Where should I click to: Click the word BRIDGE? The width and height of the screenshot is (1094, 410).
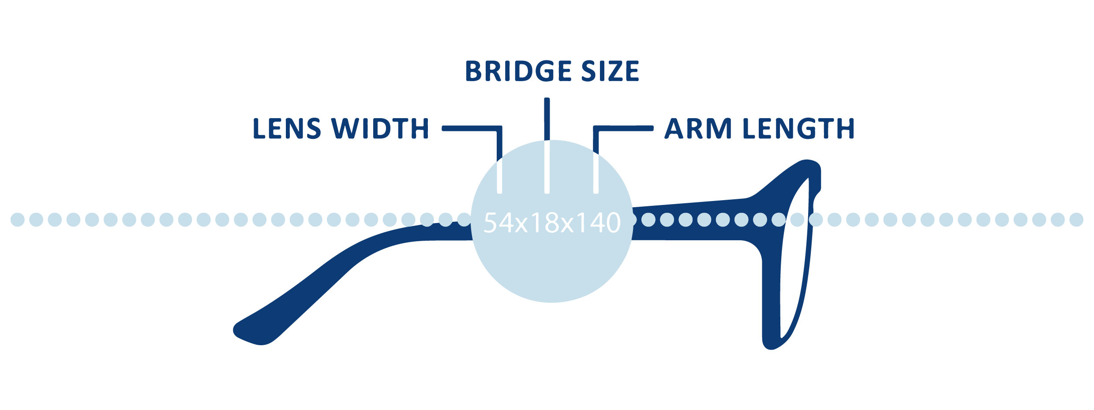(x=518, y=71)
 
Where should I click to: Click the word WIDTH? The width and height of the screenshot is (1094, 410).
(x=380, y=129)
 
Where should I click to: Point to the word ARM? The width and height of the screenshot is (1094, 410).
(x=698, y=129)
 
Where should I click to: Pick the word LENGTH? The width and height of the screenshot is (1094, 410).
(x=798, y=129)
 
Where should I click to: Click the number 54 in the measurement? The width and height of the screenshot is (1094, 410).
(x=499, y=223)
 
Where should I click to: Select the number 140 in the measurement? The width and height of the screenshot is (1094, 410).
(x=598, y=223)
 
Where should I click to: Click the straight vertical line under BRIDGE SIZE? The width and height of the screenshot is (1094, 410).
(x=547, y=145)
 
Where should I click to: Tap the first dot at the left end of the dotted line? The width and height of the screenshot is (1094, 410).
(x=18, y=220)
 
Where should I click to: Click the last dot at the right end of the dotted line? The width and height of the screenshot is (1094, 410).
(x=1076, y=220)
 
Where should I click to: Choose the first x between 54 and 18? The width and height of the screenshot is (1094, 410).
(x=522, y=225)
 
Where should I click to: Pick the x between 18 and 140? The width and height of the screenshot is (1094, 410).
(x=568, y=225)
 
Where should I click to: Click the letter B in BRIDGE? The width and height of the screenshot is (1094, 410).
(x=474, y=71)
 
